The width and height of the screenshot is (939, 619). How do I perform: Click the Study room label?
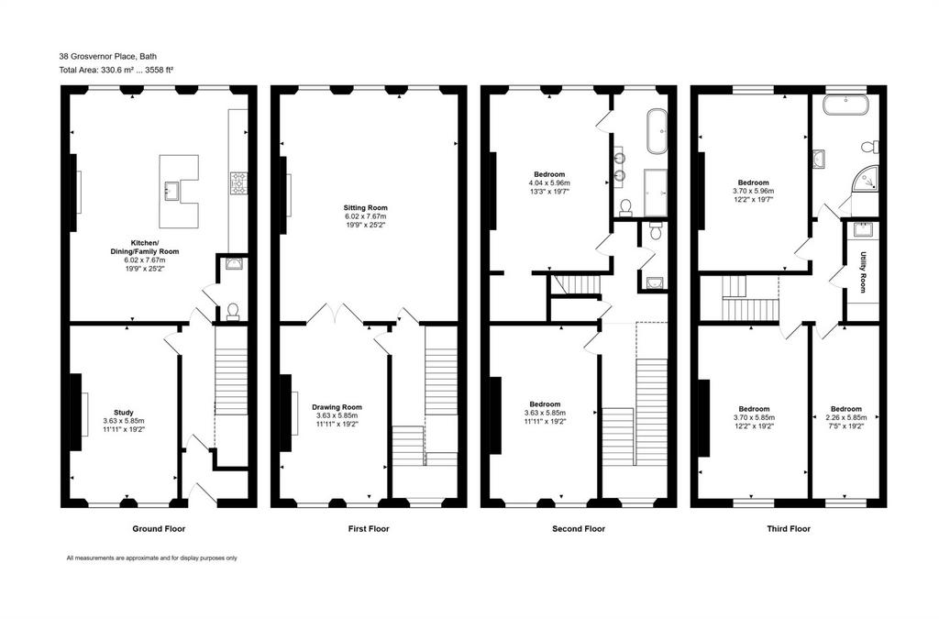pyautogui.click(x=124, y=413)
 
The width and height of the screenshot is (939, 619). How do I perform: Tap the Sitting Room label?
pyautogui.click(x=365, y=208)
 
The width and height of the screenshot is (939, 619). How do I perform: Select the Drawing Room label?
pyautogui.click(x=337, y=407)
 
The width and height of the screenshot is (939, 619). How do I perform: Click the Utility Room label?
pyautogui.click(x=863, y=271)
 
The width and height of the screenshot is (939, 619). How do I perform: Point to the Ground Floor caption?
pyautogui.click(x=159, y=528)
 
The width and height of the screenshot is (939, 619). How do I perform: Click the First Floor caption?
pyautogui.click(x=369, y=528)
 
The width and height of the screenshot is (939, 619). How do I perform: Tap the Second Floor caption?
pyautogui.click(x=579, y=528)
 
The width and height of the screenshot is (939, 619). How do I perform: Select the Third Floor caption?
pyautogui.click(x=789, y=528)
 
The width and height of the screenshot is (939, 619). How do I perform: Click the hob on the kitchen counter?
pyautogui.click(x=238, y=183)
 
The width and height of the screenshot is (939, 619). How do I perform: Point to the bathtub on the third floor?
pyautogui.click(x=845, y=105)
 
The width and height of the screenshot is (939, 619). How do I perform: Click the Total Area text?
pyautogui.click(x=116, y=70)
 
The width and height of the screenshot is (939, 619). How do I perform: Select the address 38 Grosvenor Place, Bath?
pyautogui.click(x=108, y=56)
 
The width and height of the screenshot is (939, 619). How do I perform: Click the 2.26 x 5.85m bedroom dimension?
pyautogui.click(x=846, y=418)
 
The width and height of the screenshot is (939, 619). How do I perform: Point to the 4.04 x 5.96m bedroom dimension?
pyautogui.click(x=549, y=183)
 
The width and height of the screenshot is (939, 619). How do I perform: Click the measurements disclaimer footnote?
pyautogui.click(x=151, y=558)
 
